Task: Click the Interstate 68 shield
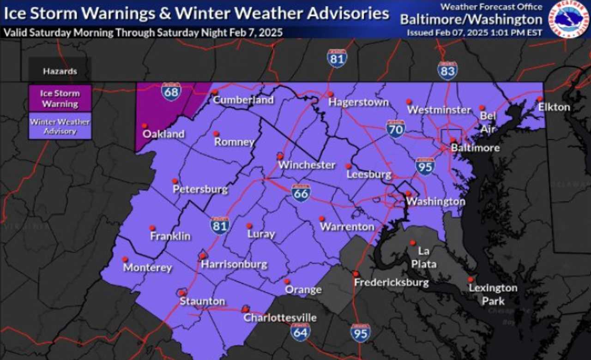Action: [171, 91]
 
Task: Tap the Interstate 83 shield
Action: [447, 71]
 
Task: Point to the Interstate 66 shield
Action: [301, 192]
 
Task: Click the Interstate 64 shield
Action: [301, 331]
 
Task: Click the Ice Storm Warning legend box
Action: [60, 98]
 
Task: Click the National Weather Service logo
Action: [567, 19]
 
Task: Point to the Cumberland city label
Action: [243, 100]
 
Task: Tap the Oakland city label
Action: [163, 134]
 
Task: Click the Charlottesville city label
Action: [280, 318]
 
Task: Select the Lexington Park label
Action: [493, 294]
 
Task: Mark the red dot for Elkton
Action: [539, 99]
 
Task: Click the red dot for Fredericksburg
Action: [356, 274]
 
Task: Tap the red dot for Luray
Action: [249, 226]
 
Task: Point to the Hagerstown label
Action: [358, 102]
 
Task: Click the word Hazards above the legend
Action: [60, 72]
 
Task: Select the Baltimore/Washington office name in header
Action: [471, 20]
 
